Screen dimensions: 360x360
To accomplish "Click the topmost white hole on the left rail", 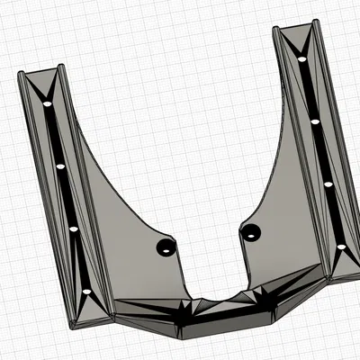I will click(48, 104).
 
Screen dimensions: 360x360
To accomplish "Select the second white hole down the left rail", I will click(60, 166).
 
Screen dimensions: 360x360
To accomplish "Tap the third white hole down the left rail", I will click(73, 229).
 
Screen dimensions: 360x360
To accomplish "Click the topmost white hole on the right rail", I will click(301, 60).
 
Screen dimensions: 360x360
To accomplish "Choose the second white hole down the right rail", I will click(314, 120).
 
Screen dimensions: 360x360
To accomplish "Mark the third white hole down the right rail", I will click(328, 184).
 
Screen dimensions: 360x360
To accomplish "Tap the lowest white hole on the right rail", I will click(341, 246).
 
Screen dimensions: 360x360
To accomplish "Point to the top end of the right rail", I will click(296, 29).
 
